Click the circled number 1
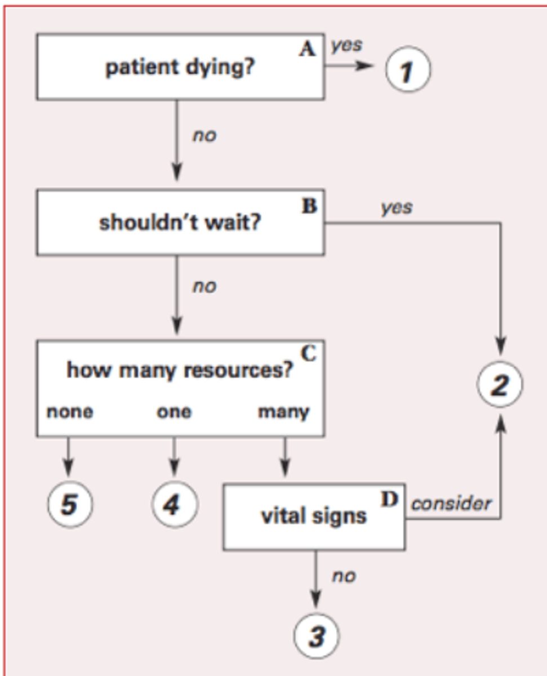(407, 72)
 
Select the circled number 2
(500, 386)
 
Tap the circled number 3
(317, 637)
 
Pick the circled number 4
(174, 505)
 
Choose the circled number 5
(69, 505)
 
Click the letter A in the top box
(308, 49)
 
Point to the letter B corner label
(309, 206)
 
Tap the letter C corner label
(308, 353)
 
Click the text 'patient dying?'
(180, 68)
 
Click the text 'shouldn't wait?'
(180, 223)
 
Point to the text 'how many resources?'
(180, 370)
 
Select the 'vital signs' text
(314, 516)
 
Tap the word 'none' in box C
(70, 412)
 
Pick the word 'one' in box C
(174, 412)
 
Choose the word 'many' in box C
(283, 412)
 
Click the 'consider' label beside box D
(451, 503)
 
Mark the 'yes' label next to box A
(346, 46)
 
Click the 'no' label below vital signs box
(343, 576)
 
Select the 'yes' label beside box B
(396, 207)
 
